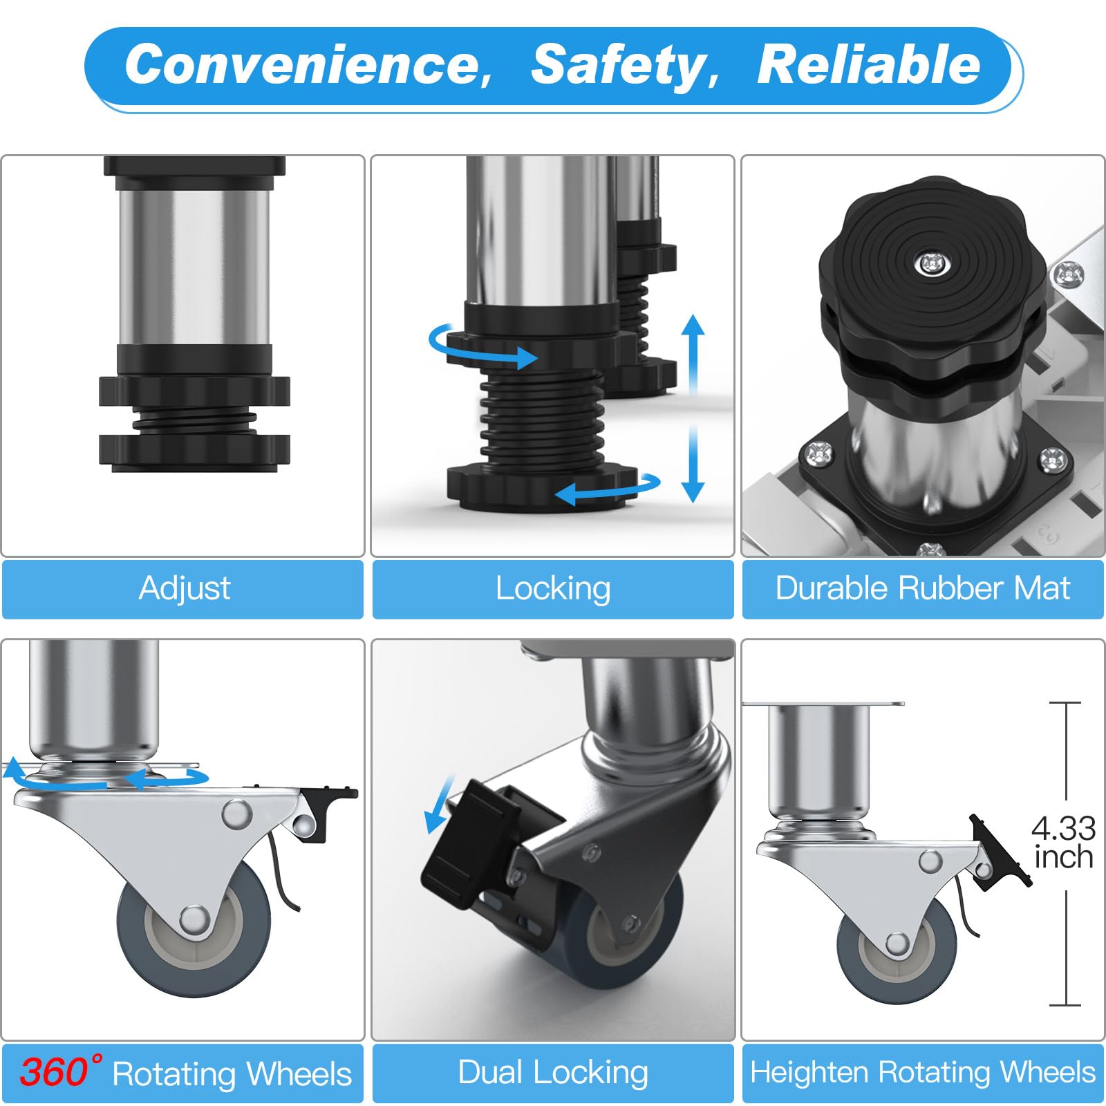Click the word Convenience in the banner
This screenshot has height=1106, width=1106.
308,64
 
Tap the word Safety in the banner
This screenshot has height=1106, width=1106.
626,66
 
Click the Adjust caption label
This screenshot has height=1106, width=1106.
185,589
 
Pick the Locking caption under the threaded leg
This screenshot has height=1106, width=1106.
553,589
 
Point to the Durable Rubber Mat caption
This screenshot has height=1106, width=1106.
923,588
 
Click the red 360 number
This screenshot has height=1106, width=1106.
54,1072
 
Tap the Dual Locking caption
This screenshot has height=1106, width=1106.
553,1073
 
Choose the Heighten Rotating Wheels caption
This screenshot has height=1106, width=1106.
923,1072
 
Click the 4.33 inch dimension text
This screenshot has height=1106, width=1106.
1063,843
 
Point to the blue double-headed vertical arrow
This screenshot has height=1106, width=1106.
693,408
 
